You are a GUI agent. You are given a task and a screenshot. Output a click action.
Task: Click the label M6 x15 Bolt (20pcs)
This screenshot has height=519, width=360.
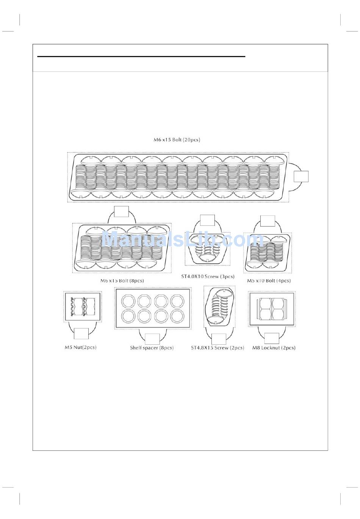[177, 140]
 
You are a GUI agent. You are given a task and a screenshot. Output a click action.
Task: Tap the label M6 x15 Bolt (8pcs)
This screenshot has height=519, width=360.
[122, 281]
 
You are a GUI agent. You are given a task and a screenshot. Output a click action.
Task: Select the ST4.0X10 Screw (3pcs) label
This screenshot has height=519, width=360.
[208, 277]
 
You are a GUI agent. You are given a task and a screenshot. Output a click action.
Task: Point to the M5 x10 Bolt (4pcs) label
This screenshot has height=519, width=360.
[269, 281]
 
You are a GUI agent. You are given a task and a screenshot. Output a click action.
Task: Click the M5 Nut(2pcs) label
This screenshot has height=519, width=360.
[80, 347]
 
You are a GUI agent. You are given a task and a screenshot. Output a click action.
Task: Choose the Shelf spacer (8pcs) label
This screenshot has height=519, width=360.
[152, 348]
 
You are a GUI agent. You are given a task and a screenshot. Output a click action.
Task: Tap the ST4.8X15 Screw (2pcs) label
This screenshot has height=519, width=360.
[218, 348]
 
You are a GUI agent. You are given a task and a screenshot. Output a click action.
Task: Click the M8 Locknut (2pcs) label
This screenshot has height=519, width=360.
[274, 348]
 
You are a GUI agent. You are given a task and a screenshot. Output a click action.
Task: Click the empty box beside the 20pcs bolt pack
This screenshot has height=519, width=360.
[301, 177]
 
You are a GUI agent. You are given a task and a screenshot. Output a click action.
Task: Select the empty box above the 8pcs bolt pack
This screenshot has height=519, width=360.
[121, 211]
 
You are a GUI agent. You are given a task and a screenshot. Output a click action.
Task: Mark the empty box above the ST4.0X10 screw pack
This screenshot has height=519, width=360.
[207, 220]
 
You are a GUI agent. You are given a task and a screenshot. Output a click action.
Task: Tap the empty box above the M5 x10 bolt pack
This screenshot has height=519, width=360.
[268, 221]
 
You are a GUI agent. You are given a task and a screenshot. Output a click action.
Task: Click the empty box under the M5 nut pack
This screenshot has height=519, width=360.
[81, 333]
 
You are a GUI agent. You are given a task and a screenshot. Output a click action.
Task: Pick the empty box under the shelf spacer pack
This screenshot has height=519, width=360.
[152, 339]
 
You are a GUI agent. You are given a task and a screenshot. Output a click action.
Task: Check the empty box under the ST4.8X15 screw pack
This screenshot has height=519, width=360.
[219, 339]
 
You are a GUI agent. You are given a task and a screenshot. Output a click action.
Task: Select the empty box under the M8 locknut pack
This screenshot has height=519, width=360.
[272, 338]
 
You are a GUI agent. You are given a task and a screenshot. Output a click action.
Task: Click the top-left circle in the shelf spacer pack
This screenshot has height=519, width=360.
[128, 302]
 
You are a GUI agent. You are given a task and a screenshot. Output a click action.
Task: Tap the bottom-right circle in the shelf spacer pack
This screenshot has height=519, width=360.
[177, 316]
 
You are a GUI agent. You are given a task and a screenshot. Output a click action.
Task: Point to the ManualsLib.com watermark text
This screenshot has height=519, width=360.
[182, 240]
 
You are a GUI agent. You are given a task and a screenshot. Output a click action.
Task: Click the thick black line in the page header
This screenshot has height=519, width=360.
[141, 56]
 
